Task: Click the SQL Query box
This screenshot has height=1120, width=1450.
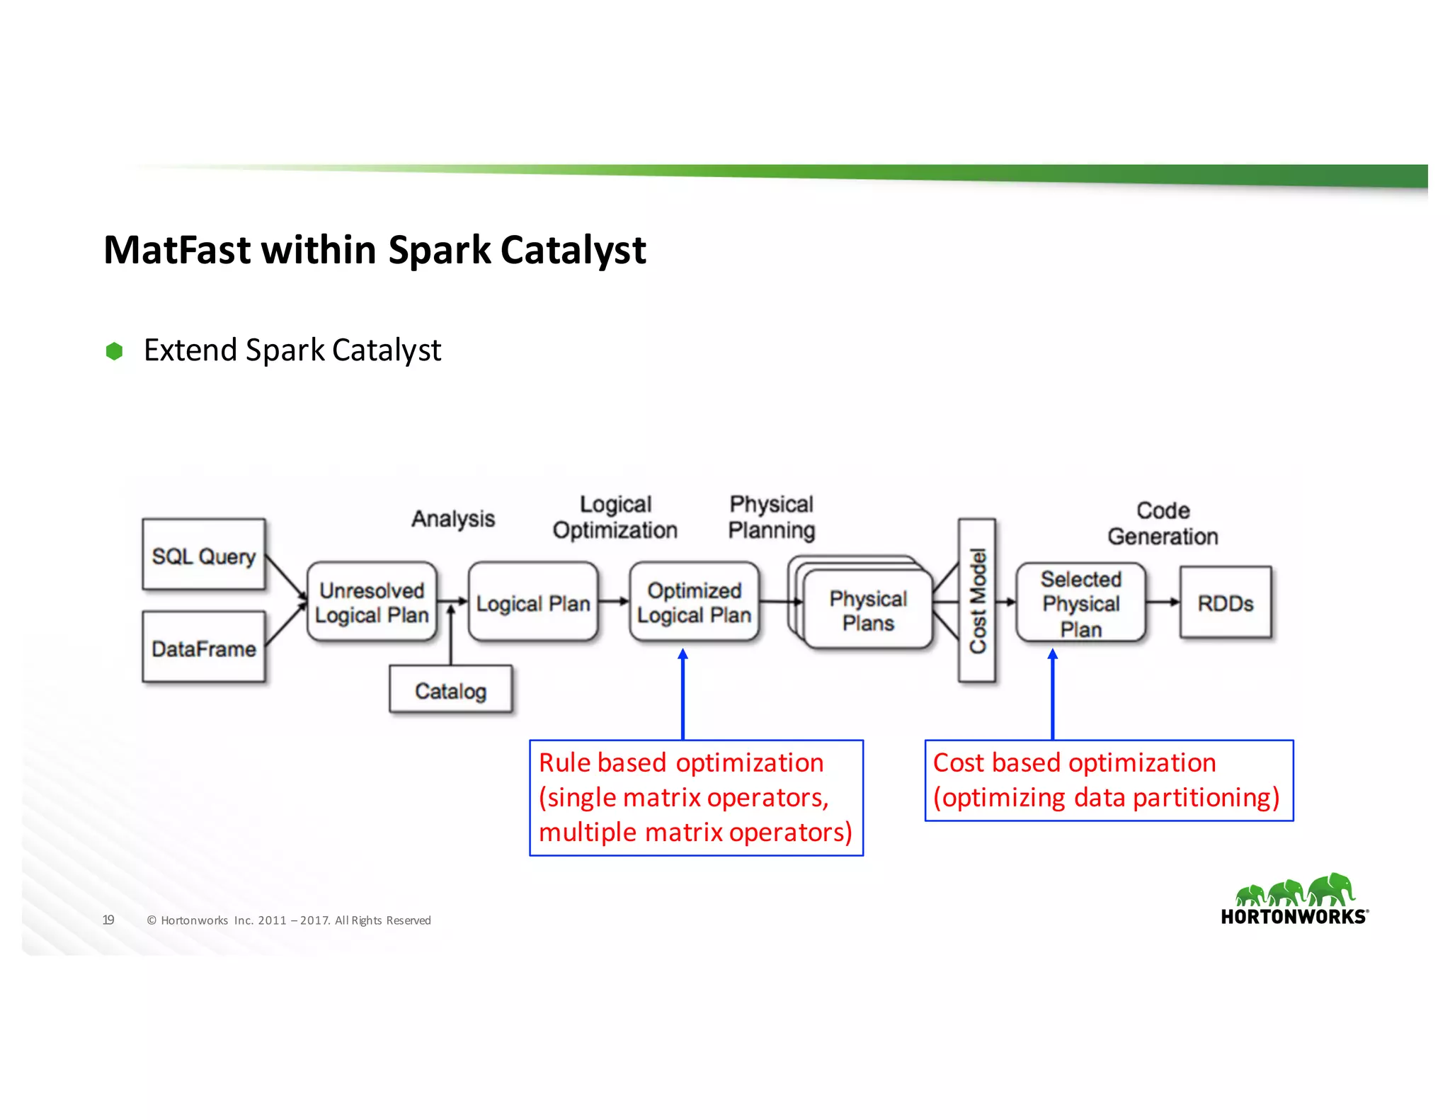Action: (x=204, y=554)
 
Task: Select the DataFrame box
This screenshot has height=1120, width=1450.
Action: (x=204, y=647)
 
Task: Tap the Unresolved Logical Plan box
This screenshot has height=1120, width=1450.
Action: (x=372, y=602)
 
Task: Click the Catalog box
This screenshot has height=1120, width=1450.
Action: (x=450, y=690)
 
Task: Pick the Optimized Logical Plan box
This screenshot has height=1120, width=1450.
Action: (x=694, y=602)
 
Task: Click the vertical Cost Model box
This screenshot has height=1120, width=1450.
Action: (x=977, y=600)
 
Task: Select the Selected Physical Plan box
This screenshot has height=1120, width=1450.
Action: (x=1080, y=603)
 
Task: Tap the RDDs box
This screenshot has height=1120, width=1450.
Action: (x=1226, y=603)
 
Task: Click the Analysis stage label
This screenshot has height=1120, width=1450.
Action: (x=453, y=518)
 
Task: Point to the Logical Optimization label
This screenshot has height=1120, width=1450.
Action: (x=615, y=517)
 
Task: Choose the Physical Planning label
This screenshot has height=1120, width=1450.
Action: (x=771, y=517)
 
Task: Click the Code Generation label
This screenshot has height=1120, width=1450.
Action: (x=1163, y=523)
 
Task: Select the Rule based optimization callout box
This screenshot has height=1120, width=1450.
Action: (x=696, y=798)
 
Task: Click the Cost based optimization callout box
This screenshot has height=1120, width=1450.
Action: (x=1108, y=780)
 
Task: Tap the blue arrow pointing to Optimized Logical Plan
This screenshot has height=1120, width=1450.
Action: (x=683, y=694)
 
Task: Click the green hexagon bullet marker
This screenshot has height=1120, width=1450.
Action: (x=114, y=351)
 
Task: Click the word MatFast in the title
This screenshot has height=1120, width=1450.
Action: (x=177, y=250)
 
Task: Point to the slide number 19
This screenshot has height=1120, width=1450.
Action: (x=108, y=920)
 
